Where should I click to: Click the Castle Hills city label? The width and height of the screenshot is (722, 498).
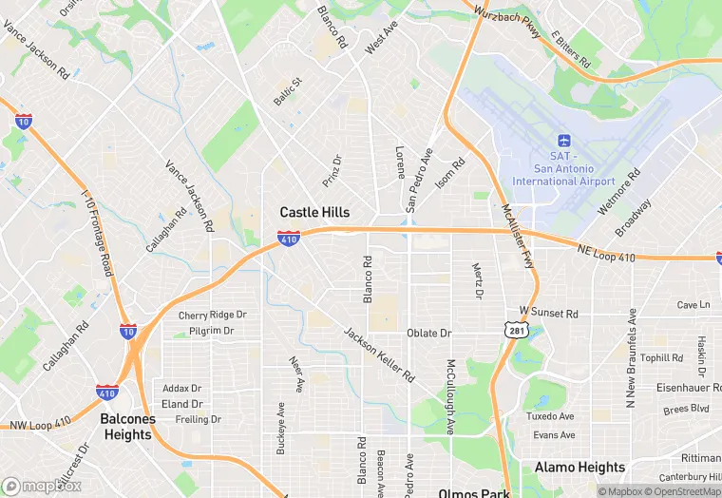pyautogui.click(x=314, y=213)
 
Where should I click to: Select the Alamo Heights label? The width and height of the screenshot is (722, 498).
pyautogui.click(x=579, y=468)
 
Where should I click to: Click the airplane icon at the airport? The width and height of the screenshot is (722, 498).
pyautogui.click(x=562, y=142)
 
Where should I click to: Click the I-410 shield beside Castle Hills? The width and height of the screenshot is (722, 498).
pyautogui.click(x=290, y=238)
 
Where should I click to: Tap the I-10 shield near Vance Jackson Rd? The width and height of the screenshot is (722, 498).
pyautogui.click(x=24, y=121)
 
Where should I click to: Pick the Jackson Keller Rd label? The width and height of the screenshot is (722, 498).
pyautogui.click(x=379, y=354)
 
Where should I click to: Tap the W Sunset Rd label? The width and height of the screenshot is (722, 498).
pyautogui.click(x=548, y=313)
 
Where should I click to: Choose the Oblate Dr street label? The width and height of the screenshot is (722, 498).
pyautogui.click(x=428, y=334)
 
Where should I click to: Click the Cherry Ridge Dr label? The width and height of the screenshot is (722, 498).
pyautogui.click(x=213, y=315)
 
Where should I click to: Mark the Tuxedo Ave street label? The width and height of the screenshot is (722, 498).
pyautogui.click(x=553, y=416)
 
